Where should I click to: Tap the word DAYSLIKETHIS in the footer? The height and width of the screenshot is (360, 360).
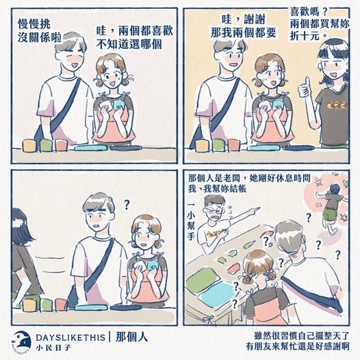[x=70, y=337]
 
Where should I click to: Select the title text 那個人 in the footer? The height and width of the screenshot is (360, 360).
[x=131, y=337]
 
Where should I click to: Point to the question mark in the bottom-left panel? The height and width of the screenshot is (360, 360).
[x=127, y=205]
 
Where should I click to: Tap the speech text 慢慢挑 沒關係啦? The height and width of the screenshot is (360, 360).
[x=40, y=31]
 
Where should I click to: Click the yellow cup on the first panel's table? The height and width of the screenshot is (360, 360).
[x=29, y=145]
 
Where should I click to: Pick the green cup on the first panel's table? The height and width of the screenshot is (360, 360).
[x=46, y=145]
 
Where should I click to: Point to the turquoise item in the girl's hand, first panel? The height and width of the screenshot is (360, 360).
[x=120, y=104]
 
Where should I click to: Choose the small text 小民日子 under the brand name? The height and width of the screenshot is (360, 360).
[x=53, y=348]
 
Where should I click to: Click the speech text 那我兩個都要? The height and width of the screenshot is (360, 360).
[x=244, y=33]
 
